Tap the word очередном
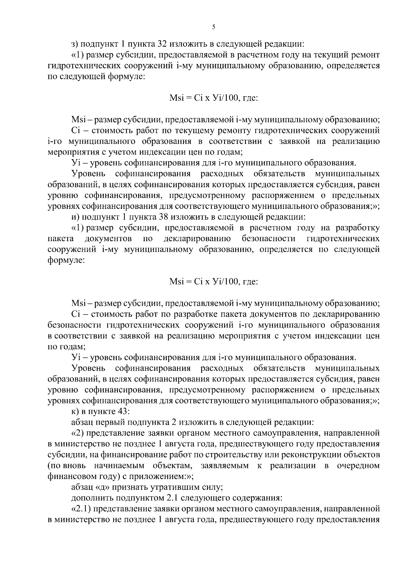(x=358, y=466)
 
